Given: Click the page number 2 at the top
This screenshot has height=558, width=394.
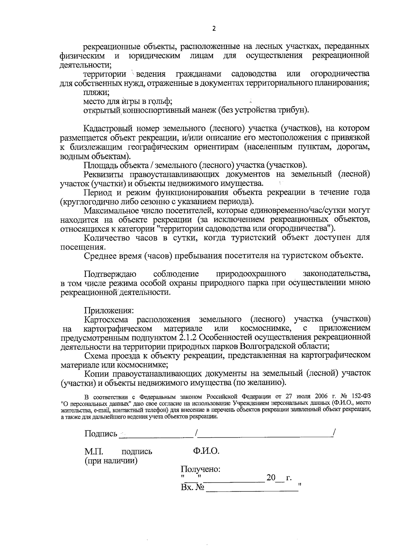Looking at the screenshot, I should pyautogui.click(x=214, y=29).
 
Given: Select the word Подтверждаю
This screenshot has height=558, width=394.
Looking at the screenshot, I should pyautogui.click(x=108, y=274).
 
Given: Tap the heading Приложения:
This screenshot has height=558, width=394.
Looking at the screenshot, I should pyautogui.click(x=109, y=310).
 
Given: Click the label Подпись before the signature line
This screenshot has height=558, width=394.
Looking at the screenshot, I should pyautogui.click(x=101, y=434).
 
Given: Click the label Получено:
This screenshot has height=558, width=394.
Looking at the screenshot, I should pyautogui.click(x=200, y=469).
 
